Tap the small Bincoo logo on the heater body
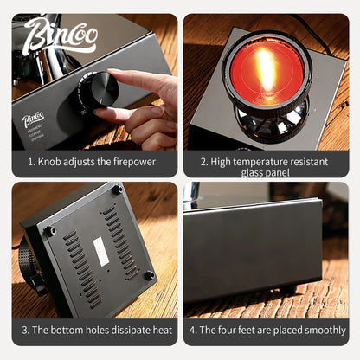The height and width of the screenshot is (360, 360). click(34, 118)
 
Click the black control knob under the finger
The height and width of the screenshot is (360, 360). click(98, 89)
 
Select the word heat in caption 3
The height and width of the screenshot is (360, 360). click(157, 330)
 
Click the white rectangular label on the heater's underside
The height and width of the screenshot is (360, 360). click(100, 252)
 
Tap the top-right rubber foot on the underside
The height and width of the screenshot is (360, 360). click(117, 190)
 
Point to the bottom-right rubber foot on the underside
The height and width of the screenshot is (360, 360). click(149, 274)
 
